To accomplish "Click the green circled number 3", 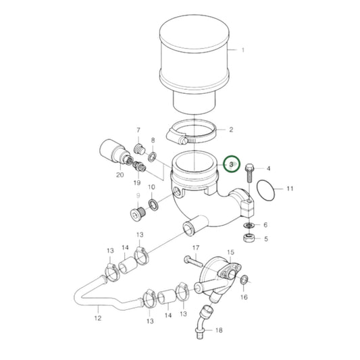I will point(230,164).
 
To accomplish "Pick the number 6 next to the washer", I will point(265,225).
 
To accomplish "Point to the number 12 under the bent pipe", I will point(98,318).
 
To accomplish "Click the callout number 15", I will point(230,253).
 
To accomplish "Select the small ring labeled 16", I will point(244,280).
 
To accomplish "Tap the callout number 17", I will point(195,248).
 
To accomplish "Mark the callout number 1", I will point(242,50).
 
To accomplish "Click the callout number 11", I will point(290,188).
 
